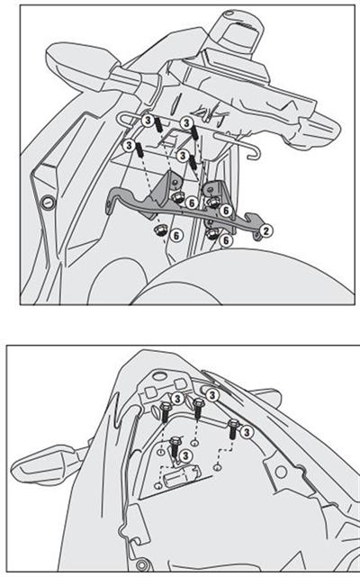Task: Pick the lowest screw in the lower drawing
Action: pyautogui.click(x=173, y=444)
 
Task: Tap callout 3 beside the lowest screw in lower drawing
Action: pyautogui.click(x=186, y=456)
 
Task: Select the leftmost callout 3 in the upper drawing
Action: pyautogui.click(x=131, y=144)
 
